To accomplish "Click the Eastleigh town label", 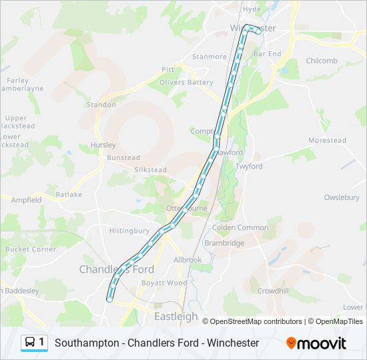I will [x=176, y=317].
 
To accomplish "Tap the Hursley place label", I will [x=103, y=145].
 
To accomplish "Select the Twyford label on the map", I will [x=249, y=166].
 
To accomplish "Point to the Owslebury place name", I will [x=342, y=197].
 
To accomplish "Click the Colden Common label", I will [x=240, y=227].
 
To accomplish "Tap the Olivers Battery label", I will [x=186, y=83].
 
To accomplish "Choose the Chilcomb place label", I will [x=322, y=61].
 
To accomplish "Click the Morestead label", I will [x=327, y=141].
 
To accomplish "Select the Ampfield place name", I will [x=26, y=199].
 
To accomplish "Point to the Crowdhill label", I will [x=273, y=291].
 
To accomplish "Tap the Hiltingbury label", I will [x=129, y=231].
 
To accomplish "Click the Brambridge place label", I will [x=224, y=243].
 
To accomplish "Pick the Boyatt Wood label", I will [x=164, y=283].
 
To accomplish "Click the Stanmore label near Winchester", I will [x=210, y=57].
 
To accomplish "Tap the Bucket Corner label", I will [x=31, y=249].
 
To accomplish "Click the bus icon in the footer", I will [x=30, y=343].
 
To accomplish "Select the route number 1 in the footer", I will [x=41, y=342].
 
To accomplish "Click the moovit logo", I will [x=316, y=343].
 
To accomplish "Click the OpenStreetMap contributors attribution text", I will [x=256, y=321].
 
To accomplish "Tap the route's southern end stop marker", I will [x=109, y=299].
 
